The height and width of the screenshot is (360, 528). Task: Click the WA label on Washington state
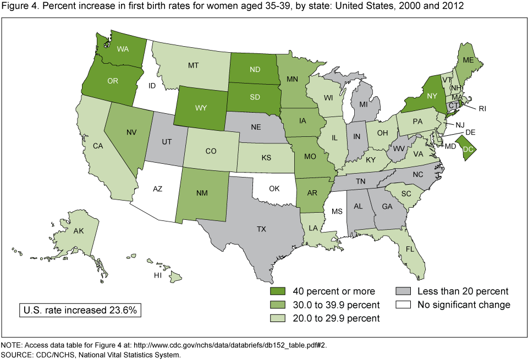123,48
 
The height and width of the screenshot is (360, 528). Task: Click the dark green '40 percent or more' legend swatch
279,291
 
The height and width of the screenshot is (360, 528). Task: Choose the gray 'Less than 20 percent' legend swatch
404,291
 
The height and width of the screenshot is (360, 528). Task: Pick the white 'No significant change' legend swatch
404,304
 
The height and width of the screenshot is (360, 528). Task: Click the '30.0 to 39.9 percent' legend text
335,304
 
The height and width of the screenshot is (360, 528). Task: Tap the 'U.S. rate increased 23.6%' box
80,309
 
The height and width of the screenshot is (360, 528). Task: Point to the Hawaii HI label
158,274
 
